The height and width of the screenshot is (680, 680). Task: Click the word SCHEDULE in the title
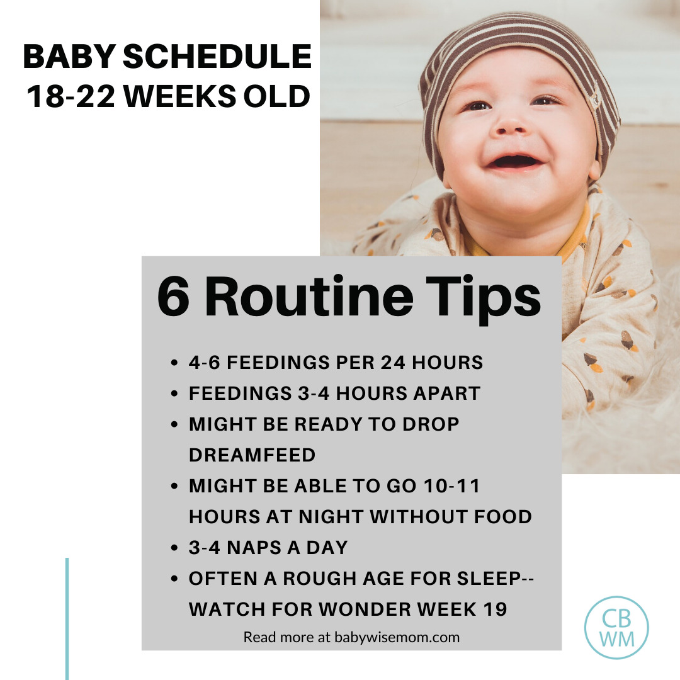(x=217, y=57)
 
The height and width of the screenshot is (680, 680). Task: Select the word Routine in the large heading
(x=309, y=297)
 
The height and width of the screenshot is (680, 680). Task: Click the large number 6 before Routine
(x=173, y=297)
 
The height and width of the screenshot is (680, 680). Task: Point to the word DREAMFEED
(x=252, y=455)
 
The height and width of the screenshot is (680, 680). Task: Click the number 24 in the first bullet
(x=393, y=363)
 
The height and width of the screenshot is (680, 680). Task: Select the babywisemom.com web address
(x=397, y=637)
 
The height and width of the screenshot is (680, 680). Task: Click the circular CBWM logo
(x=616, y=628)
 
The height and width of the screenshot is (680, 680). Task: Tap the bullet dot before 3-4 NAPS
(x=174, y=548)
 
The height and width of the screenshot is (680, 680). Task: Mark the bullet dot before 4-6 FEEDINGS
(x=174, y=363)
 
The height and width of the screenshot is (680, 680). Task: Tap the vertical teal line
(x=67, y=619)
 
